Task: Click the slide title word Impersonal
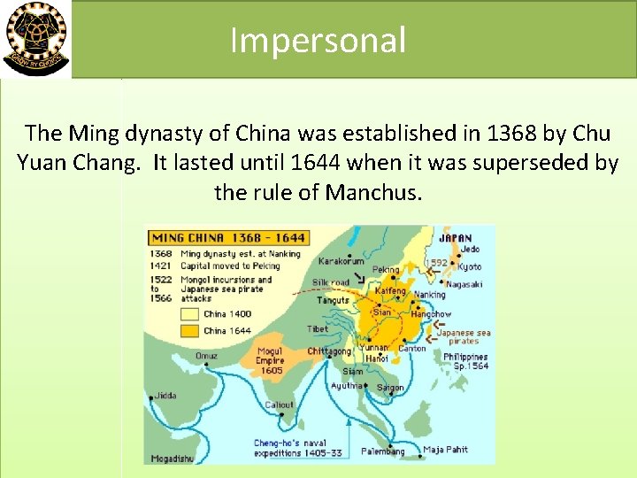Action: [318, 41]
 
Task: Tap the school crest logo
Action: [35, 39]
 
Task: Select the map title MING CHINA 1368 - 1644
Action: [228, 237]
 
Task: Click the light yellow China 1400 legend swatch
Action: [190, 313]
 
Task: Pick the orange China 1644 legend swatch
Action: [190, 330]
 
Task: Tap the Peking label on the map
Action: [386, 270]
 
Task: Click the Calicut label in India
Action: [279, 405]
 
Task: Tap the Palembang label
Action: [382, 451]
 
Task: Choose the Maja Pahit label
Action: [445, 450]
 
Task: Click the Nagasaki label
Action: [464, 284]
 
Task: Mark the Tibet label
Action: [317, 328]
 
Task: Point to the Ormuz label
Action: [206, 356]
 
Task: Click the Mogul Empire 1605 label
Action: [270, 361]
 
